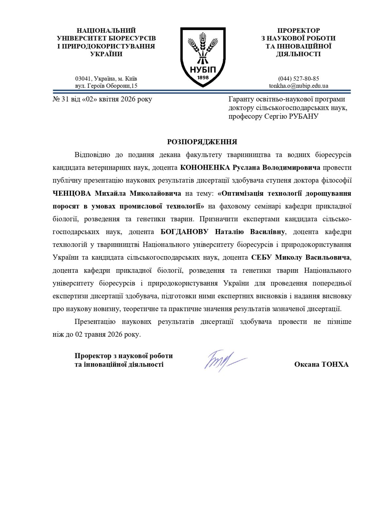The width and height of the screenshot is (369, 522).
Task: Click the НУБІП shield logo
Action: (203, 57)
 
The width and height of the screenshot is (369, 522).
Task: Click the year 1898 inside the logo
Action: (203, 78)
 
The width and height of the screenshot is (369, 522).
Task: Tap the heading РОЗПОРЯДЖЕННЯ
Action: (202, 142)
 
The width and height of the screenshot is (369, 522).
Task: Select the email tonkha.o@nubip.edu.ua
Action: (299, 86)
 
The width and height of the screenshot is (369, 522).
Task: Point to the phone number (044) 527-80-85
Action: (299, 79)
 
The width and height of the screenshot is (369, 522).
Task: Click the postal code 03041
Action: (83, 79)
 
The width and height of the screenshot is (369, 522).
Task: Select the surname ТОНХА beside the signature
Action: (335, 364)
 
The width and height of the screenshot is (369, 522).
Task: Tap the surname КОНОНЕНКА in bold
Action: (205, 168)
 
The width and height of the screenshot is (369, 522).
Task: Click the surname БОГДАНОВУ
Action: (184, 232)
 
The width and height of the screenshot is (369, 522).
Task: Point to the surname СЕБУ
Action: (261, 257)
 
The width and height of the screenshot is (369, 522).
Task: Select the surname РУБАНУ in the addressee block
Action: (303, 116)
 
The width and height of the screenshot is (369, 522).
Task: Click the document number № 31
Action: (61, 99)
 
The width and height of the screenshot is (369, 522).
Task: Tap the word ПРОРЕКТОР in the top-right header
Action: (299, 31)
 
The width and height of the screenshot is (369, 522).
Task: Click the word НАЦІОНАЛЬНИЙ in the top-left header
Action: (106, 31)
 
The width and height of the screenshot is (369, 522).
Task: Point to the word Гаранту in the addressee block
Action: (241, 99)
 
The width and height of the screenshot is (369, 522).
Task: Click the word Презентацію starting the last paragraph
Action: (95, 322)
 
